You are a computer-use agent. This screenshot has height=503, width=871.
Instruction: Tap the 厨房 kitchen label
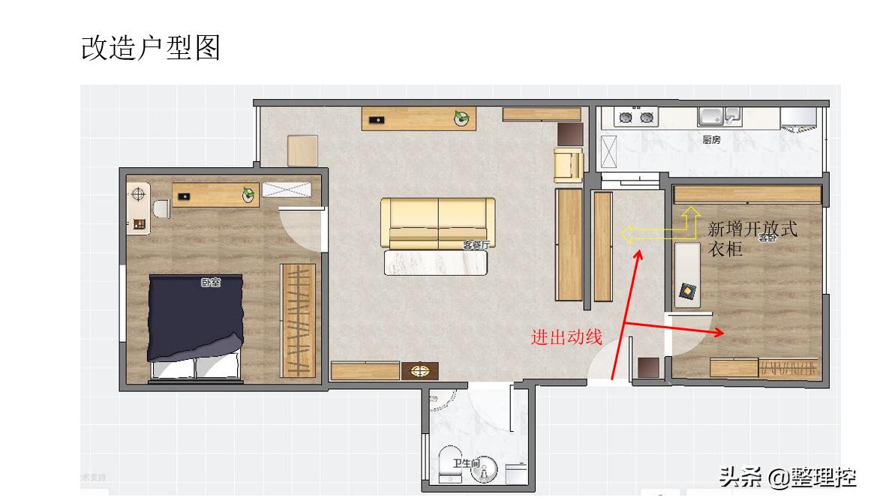pos(711,139)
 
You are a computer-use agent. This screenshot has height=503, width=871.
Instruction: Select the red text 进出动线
pos(566,337)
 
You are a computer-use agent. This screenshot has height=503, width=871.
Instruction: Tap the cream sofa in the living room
pos(437,223)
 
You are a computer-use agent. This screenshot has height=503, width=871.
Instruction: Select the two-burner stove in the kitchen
pos(635,117)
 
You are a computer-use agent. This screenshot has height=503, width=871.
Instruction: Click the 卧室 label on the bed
pos(211,283)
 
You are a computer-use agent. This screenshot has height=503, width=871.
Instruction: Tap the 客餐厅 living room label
pos(476,244)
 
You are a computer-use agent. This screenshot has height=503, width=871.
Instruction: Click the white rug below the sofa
pos(436,262)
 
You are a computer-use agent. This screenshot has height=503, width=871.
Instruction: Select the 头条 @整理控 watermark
pos(787,476)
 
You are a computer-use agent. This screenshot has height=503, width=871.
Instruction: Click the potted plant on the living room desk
pos(461,117)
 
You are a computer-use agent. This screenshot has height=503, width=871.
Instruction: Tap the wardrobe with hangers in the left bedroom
pos(299,321)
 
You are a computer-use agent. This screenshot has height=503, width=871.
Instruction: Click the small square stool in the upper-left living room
pos(302,150)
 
